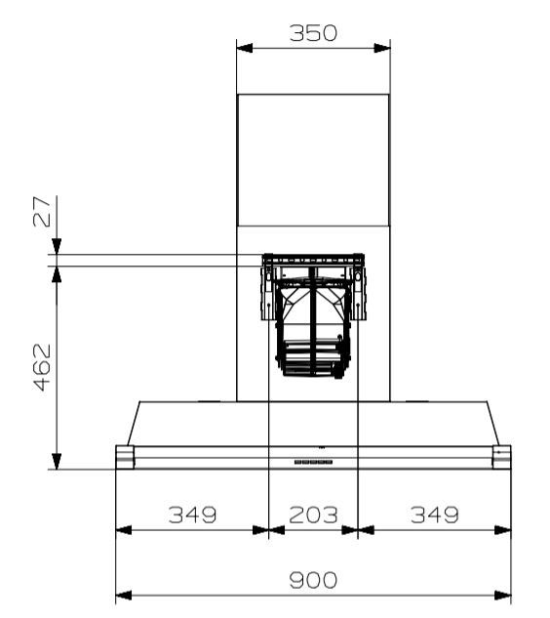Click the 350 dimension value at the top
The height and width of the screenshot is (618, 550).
coord(313,32)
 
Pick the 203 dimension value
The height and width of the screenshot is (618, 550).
coord(313,515)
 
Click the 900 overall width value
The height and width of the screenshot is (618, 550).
coord(313,580)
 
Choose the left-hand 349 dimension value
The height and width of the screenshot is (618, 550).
coord(191,515)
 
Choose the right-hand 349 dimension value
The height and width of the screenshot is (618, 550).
coord(434,515)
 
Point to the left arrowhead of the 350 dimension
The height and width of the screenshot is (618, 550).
coord(244,47)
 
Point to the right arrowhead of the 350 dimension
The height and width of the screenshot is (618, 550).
coord(383,47)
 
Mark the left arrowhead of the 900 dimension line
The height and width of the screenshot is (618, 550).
coord(123,595)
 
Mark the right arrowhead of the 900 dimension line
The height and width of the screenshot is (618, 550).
coord(504,595)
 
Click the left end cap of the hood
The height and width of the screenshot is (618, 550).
coord(125,457)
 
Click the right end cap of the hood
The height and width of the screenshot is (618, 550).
coord(501,457)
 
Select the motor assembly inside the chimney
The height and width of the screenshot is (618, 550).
coord(313,317)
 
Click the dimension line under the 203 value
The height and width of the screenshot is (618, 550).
coord(313,530)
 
